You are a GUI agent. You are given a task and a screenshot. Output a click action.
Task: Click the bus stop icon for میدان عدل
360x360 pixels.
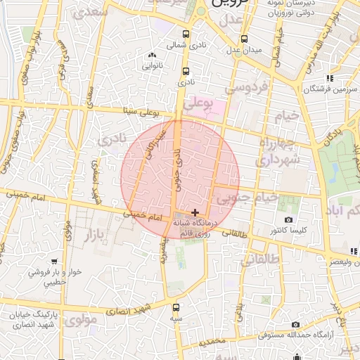pos(244,39)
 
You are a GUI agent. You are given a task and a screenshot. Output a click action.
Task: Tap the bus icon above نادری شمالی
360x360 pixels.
pos(186,34)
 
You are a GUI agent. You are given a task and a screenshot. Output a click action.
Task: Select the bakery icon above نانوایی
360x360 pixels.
pos(152,55)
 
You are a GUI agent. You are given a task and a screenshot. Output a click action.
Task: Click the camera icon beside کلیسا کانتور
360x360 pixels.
pos(289,220)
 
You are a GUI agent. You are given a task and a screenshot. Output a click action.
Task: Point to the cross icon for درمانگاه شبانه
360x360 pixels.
pos(195,212)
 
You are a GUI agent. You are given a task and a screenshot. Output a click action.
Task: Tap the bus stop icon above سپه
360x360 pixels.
pos(176,307)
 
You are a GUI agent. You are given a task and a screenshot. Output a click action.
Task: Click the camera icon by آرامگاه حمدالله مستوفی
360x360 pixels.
pos(295,324)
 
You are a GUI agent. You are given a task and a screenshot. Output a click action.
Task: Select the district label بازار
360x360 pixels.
pos(89,231)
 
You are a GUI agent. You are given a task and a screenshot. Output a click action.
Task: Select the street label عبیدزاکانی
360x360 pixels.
pos(153,146)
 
